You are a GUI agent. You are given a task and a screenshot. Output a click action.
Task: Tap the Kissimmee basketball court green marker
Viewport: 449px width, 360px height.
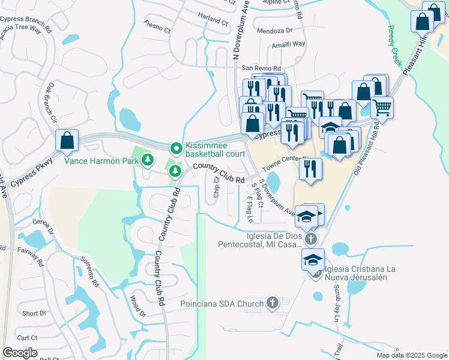coord(176,148)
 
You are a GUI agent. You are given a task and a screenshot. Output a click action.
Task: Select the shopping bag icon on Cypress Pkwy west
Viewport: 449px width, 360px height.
coord(67,141)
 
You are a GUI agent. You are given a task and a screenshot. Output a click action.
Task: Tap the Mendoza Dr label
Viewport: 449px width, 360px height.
coord(274,30)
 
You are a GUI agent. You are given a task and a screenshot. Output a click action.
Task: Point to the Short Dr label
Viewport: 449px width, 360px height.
coord(34,313)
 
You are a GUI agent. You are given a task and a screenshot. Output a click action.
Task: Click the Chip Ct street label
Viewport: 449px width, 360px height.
coord(216,188)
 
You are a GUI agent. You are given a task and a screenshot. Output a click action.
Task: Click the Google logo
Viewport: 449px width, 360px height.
coord(20,353)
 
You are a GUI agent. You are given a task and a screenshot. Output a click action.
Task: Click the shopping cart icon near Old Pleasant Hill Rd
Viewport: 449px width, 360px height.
coord(381,108)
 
